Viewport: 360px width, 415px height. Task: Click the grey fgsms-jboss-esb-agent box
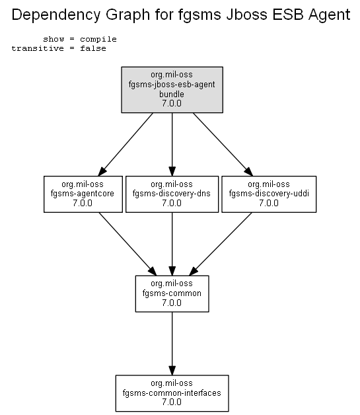(x=172, y=90)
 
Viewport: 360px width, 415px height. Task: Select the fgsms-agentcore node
(x=83, y=194)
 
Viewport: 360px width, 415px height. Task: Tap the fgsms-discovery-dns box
(x=172, y=194)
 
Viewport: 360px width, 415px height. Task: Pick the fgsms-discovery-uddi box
(x=269, y=194)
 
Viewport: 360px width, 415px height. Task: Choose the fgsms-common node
(x=172, y=294)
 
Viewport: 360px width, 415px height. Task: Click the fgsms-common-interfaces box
(x=172, y=393)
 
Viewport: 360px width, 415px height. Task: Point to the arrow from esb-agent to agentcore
(x=126, y=144)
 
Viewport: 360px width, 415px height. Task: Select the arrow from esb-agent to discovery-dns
(x=172, y=144)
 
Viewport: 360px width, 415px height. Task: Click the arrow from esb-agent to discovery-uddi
(x=223, y=144)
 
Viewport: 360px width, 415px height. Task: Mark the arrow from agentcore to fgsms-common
(x=127, y=244)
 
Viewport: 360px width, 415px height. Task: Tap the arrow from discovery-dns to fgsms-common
(x=172, y=244)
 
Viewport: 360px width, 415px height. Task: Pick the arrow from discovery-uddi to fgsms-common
(x=221, y=244)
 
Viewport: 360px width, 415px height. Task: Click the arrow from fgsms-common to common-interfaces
(x=172, y=344)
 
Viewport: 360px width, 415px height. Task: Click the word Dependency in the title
(x=56, y=15)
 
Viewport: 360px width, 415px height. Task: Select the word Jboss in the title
(x=246, y=15)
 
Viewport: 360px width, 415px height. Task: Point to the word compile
(x=98, y=39)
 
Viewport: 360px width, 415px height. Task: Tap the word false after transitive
(x=93, y=48)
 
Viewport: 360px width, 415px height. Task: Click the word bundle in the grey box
(x=172, y=94)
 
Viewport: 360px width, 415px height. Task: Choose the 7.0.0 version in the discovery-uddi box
(x=269, y=203)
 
